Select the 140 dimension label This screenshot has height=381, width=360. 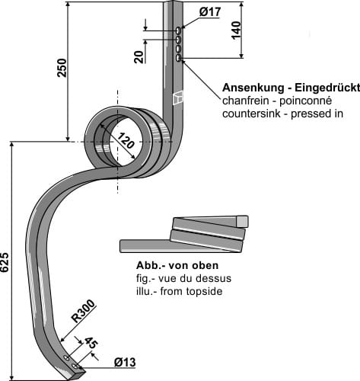tap(236, 30)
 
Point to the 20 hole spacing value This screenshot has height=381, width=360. tap(139, 57)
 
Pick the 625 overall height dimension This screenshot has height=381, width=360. tap(6, 263)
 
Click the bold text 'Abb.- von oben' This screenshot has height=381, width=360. tap(177, 265)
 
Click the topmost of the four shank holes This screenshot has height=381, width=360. tap(178, 33)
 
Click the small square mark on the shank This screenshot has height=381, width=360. tap(179, 97)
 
